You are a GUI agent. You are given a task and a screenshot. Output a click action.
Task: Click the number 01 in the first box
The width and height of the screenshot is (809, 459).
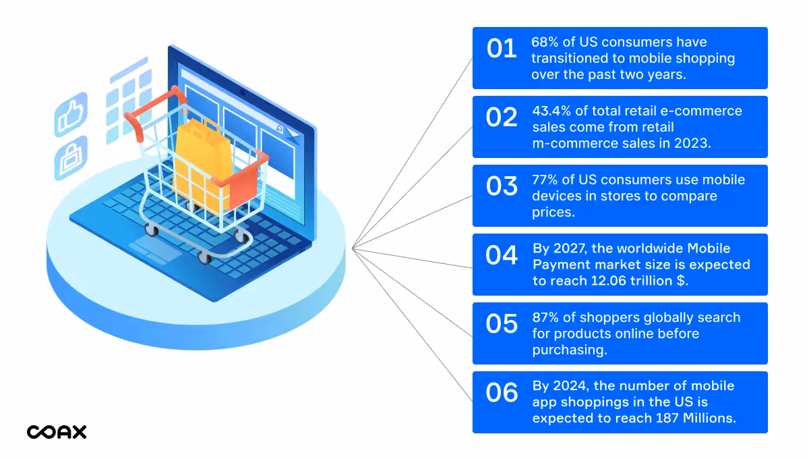pyautogui.click(x=502, y=49)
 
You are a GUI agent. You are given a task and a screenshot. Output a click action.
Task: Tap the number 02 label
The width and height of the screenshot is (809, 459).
pyautogui.click(x=502, y=117)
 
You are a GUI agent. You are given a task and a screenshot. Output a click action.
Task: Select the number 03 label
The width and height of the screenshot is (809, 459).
pyautogui.click(x=502, y=186)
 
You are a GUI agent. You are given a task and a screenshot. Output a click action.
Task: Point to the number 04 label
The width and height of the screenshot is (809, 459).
pyautogui.click(x=502, y=255)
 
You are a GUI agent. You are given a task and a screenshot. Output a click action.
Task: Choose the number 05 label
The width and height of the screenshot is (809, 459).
pyautogui.click(x=502, y=324)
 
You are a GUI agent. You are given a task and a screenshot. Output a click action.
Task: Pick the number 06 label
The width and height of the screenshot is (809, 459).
pyautogui.click(x=502, y=393)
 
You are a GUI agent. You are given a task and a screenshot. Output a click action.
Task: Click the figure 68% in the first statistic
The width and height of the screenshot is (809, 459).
pyautogui.click(x=545, y=43)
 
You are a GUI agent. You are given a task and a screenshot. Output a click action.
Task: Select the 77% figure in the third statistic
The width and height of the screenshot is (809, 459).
pyautogui.click(x=545, y=180)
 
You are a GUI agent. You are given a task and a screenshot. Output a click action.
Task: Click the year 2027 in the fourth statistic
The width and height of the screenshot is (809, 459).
pyautogui.click(x=571, y=249)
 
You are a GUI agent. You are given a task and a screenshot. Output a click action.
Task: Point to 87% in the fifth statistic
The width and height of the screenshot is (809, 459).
pyautogui.click(x=545, y=318)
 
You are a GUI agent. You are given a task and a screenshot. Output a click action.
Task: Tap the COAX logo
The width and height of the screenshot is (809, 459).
pyautogui.click(x=57, y=432)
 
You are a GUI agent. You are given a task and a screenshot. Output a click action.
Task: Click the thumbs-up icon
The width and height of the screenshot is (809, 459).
pyautogui.click(x=71, y=115)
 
